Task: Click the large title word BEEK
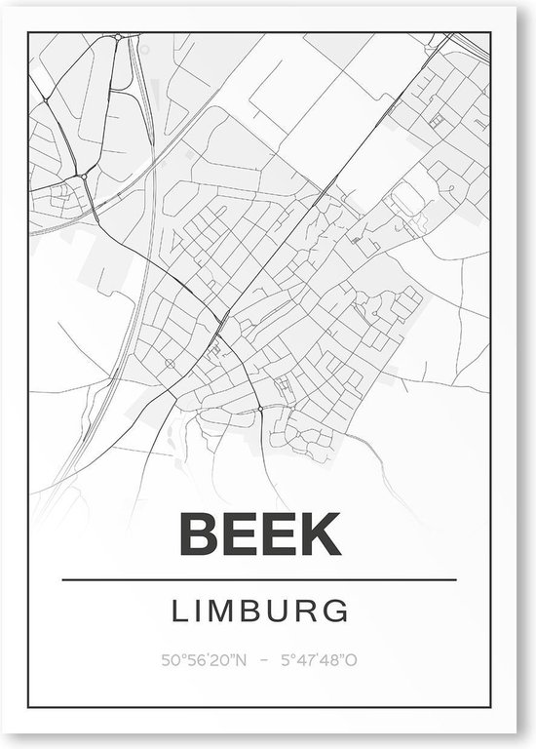pos(258,533)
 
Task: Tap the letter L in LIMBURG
pos(179,611)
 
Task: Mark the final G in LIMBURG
pos(337,611)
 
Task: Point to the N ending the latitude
pos(242,660)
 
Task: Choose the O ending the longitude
pos(352,660)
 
